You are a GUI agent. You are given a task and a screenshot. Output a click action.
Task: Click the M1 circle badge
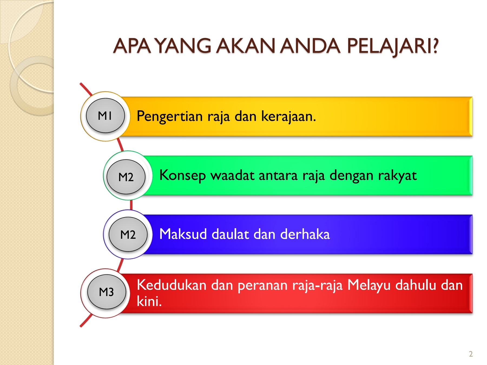click(x=105, y=116)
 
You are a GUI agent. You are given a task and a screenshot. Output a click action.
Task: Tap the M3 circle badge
click(x=107, y=292)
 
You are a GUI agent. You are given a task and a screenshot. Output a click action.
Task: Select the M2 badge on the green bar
click(x=126, y=177)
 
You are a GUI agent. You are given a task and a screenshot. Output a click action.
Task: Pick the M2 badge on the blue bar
click(x=128, y=234)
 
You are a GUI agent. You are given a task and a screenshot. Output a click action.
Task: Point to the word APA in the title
click(x=132, y=46)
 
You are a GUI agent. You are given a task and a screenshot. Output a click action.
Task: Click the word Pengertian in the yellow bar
click(x=170, y=117)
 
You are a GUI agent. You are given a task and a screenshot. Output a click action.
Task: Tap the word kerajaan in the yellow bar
click(x=288, y=117)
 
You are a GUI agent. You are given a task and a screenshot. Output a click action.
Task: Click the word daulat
click(x=230, y=234)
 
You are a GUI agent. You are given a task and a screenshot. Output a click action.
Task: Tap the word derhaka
click(x=305, y=234)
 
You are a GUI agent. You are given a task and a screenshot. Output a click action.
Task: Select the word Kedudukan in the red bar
click(x=172, y=285)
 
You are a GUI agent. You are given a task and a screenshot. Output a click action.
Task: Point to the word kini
click(x=149, y=301)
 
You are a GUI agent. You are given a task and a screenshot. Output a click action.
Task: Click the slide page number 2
click(x=471, y=354)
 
